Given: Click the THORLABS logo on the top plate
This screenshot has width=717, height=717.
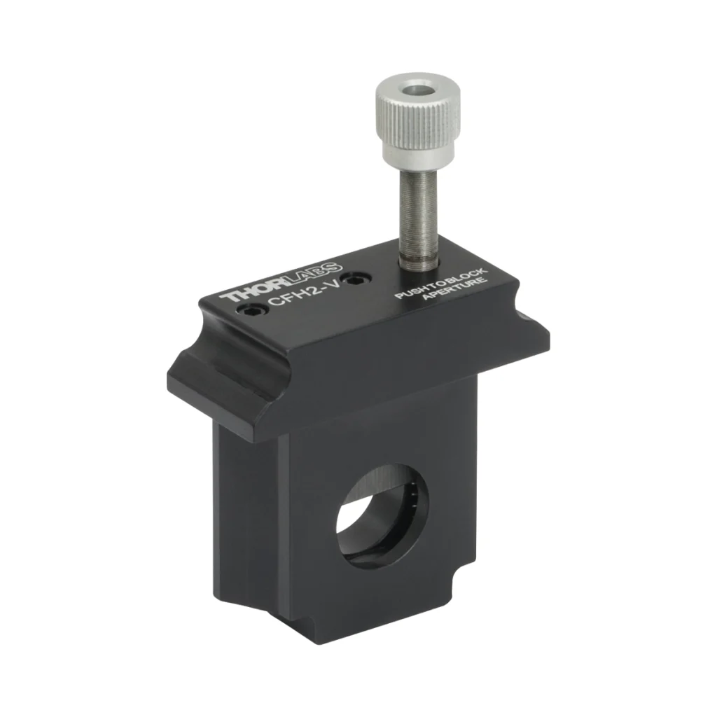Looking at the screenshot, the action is (281, 282).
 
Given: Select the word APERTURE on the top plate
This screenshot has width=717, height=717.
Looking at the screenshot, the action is (454, 289).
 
